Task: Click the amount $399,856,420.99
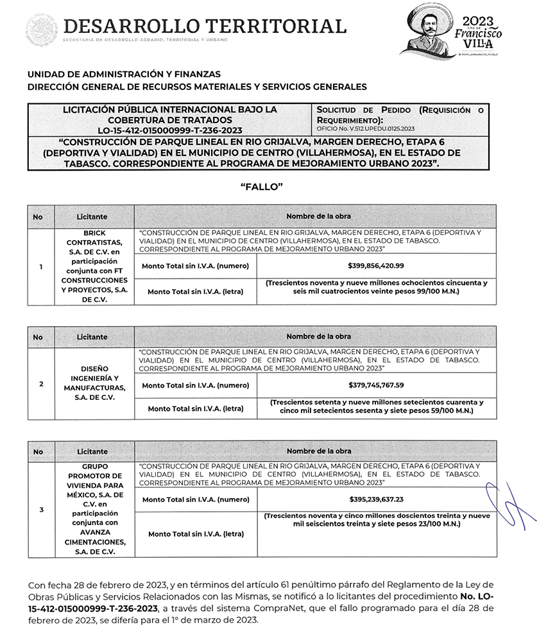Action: coord(376,266)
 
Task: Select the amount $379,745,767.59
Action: coord(376,385)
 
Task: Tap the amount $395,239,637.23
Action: coord(376,499)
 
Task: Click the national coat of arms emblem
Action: coord(41,30)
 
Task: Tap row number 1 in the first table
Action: coord(41,266)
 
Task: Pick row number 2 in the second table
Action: coord(41,384)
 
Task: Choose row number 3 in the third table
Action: coord(41,510)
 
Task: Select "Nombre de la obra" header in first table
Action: coord(318,216)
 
